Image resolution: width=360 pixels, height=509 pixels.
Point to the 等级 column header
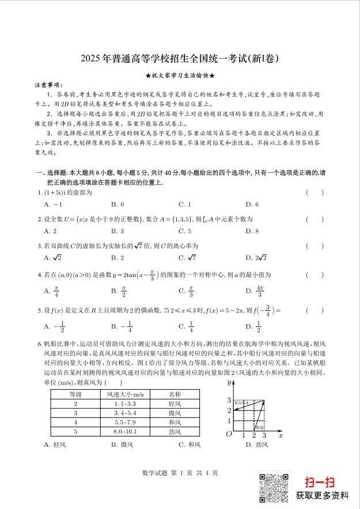(x=75, y=394)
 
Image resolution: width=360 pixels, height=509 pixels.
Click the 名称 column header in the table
(x=175, y=394)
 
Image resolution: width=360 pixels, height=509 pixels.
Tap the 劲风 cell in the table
(x=175, y=431)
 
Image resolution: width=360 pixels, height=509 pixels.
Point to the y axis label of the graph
(x=229, y=382)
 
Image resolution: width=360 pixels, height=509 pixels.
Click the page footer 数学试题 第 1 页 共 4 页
(x=180, y=473)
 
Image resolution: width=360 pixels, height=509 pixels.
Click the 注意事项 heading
(x=49, y=85)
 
